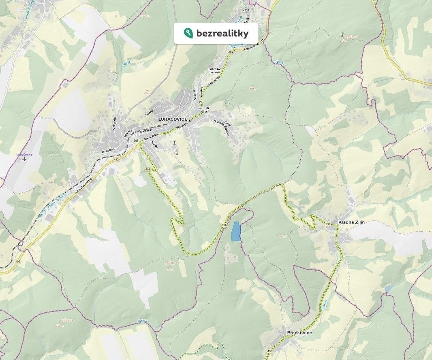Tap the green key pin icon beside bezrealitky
[188, 33]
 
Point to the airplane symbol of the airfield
[24, 159]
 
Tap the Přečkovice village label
[299, 332]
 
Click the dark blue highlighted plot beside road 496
[235, 232]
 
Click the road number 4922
[246, 10]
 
